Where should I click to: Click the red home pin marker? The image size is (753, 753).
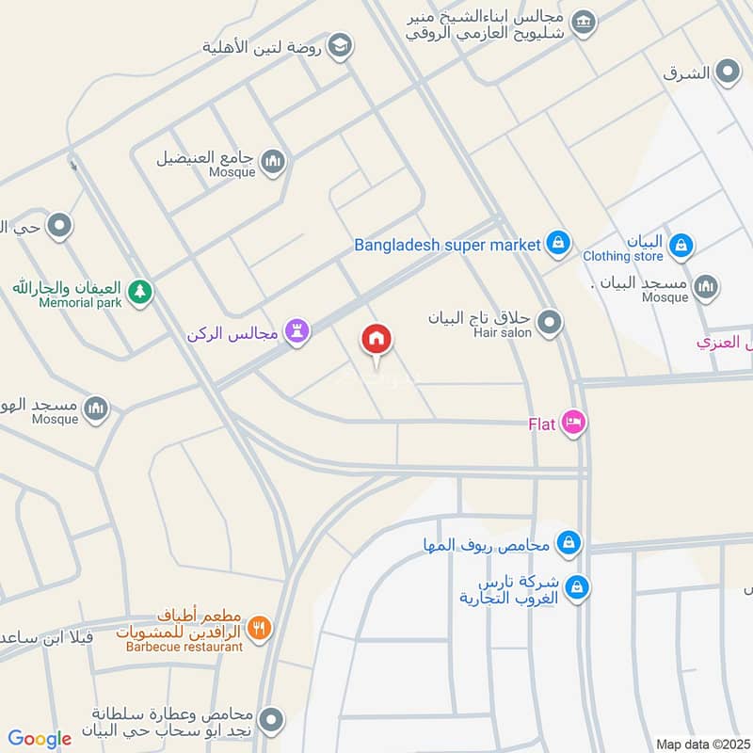[376, 340]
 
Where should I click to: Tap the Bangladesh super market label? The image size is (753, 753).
[447, 245]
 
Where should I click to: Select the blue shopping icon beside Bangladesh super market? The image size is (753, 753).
[558, 244]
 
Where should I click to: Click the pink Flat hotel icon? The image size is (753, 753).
[572, 423]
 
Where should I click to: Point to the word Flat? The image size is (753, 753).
[541, 423]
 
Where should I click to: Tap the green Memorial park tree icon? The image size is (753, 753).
[139, 292]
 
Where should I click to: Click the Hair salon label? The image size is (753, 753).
[503, 332]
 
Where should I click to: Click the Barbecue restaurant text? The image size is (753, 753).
[185, 647]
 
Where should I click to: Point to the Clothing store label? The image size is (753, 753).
[622, 256]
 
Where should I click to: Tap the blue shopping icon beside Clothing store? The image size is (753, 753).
[681, 248]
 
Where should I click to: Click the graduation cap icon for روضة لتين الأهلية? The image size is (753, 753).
[340, 44]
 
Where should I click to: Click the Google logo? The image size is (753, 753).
[40, 739]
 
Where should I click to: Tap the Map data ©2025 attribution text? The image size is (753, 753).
[702, 744]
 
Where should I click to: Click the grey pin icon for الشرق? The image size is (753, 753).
[727, 71]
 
